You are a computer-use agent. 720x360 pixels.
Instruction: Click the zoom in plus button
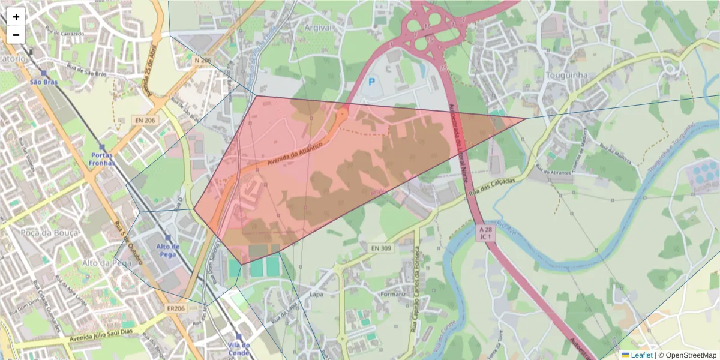tap(16, 17)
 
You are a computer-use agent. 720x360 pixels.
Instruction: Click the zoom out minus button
tap(16, 35)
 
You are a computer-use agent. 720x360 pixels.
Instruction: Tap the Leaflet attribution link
tap(641, 355)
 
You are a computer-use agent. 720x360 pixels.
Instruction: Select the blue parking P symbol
tap(372, 82)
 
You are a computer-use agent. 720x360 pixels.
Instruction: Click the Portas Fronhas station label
tap(101, 158)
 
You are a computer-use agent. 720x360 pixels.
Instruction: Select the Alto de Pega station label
tap(168, 250)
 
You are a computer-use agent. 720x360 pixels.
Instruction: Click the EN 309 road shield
tap(378, 248)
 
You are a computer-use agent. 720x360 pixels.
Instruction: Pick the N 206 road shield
tap(203, 61)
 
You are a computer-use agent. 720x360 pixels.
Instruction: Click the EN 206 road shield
tap(145, 120)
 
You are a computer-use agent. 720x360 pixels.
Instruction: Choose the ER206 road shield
tap(176, 308)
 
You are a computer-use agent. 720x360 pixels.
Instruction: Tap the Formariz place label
tap(394, 295)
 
